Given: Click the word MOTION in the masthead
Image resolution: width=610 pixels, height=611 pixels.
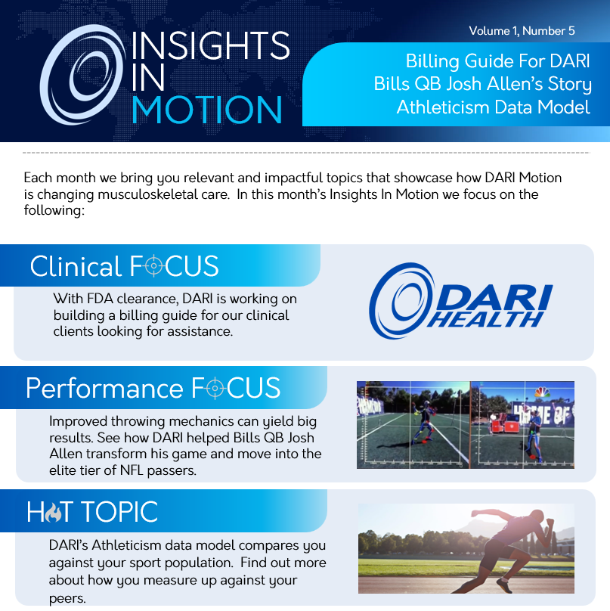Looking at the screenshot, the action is [x=207, y=110].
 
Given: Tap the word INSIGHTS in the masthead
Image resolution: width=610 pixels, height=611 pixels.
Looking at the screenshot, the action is [x=211, y=45].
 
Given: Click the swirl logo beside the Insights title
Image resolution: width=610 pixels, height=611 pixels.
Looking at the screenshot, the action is [x=82, y=74].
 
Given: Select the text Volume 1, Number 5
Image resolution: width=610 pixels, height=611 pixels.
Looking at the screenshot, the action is [x=522, y=31].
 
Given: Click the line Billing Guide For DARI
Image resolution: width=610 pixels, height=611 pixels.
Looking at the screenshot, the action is [x=498, y=61].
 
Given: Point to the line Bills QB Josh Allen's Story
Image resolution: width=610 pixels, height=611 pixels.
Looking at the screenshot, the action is [x=482, y=84].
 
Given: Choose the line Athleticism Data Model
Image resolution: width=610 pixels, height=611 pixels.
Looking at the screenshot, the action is [x=493, y=107].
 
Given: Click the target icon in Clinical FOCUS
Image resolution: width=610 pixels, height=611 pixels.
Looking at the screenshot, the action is [x=154, y=265].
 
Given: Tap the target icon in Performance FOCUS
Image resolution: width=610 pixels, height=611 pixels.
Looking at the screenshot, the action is [x=215, y=388].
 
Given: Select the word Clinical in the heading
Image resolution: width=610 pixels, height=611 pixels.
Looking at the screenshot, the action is [x=76, y=266].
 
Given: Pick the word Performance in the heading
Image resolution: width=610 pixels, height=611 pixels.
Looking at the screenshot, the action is [x=104, y=389].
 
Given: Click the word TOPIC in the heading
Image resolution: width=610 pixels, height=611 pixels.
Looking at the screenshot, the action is [x=119, y=511].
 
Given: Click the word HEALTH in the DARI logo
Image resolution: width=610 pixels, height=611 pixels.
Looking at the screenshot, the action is [x=485, y=320].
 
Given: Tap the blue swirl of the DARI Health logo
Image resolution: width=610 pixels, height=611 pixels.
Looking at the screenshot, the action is [x=401, y=300].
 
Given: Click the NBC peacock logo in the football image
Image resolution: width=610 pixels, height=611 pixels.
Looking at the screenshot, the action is [x=542, y=392].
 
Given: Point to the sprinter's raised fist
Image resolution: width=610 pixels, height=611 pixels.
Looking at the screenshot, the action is [x=550, y=523].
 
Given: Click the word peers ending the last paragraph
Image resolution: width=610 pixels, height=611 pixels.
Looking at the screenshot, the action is [x=67, y=599].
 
